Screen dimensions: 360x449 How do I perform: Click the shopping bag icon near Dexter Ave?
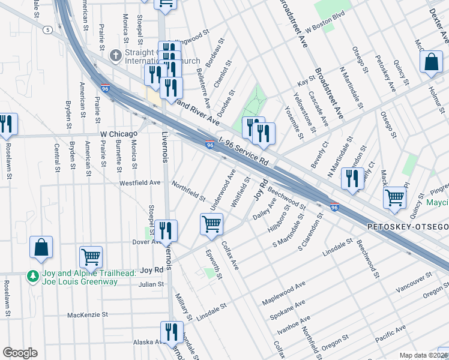click(x=431, y=62)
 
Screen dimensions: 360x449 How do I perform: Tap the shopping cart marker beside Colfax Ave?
click(x=211, y=224)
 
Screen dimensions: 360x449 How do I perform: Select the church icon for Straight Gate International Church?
click(x=115, y=56)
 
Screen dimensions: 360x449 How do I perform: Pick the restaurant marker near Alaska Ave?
click(x=172, y=332)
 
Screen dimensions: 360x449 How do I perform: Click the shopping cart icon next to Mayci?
click(x=395, y=197)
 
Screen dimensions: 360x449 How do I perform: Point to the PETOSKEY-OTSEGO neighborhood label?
click(x=408, y=227)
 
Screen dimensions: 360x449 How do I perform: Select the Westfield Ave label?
click(x=140, y=182)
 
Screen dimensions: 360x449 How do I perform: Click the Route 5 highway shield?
click(x=46, y=29)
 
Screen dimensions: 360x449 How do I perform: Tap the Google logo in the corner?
click(x=20, y=353)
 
